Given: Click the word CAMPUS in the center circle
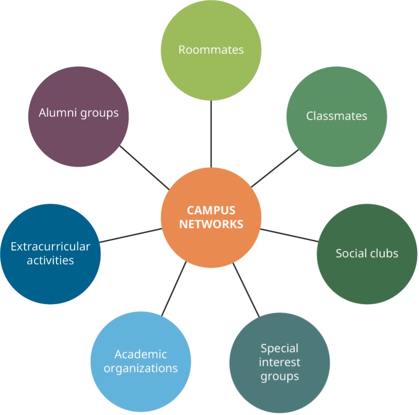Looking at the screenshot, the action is [211, 210].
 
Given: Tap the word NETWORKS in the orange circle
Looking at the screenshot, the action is [211, 224].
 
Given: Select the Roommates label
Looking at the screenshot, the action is [211, 50].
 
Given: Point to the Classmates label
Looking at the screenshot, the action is [337, 116].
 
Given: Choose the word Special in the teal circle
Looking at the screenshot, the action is [280, 349].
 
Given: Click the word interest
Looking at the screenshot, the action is [280, 362].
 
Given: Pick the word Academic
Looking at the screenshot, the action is [141, 354].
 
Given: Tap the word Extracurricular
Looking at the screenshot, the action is [50, 247].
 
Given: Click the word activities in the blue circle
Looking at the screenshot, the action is [50, 260].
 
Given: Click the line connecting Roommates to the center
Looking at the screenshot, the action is [211, 134].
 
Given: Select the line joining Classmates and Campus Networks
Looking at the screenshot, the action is [275, 168].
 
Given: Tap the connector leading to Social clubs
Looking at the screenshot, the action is [289, 235].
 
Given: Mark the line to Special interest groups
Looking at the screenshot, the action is [246, 290].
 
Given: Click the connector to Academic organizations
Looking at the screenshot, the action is [174, 289].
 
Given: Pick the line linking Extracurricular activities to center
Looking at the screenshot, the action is [131, 235].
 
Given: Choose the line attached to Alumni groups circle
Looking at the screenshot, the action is [144, 167].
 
